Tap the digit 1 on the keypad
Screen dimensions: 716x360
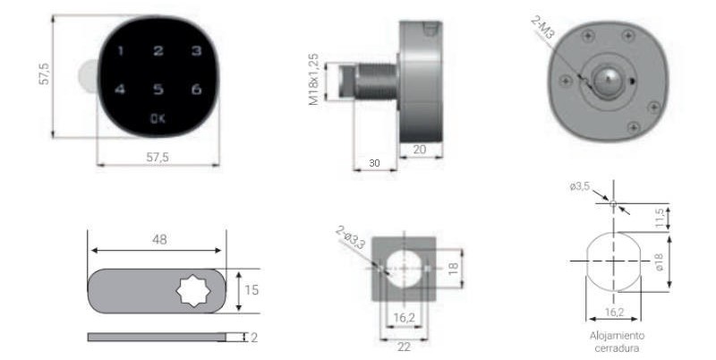pos(121,51)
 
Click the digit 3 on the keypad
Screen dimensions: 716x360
pos(196,51)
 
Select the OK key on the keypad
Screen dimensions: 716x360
pos(158,119)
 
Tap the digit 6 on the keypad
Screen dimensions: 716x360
pos(196,89)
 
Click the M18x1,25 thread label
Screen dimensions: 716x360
pos(314,80)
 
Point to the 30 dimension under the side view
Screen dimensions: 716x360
pos(374,163)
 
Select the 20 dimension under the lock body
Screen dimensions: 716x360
pos(420,150)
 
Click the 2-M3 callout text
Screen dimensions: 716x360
pos(543,27)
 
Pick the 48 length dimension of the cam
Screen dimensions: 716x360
pos(159,239)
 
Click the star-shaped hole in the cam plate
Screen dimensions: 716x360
pos(193,290)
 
